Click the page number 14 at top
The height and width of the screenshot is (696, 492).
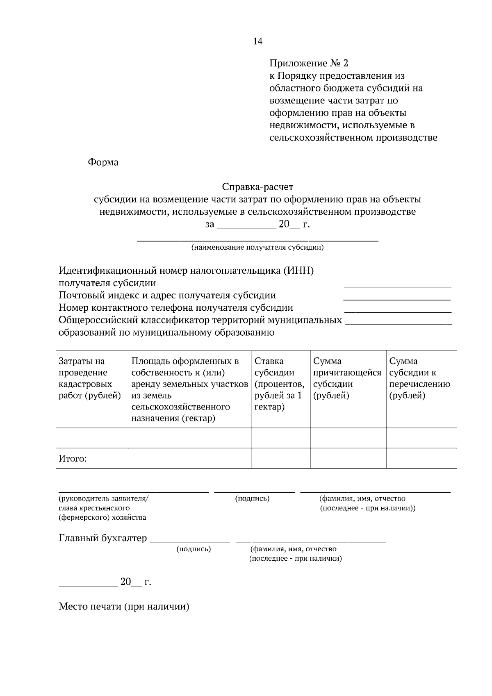258,41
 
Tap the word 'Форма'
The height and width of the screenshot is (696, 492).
103,162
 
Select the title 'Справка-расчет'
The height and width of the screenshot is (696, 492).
257,187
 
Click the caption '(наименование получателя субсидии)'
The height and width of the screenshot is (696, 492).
257,248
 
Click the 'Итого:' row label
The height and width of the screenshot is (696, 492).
73,459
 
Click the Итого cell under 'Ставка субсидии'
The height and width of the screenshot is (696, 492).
281,458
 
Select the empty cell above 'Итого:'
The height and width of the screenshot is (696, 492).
92,438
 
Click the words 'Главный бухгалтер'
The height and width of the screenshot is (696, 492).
102,538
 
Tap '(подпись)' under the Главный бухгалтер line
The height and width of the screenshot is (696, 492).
194,549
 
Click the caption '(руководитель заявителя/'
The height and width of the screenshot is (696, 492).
104,499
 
